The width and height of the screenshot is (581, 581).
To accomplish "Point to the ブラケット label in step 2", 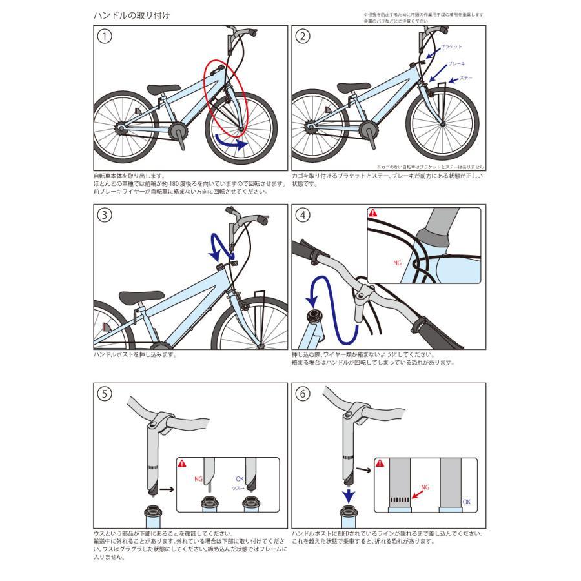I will pos(451,48).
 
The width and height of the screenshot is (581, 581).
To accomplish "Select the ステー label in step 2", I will pos(465,79).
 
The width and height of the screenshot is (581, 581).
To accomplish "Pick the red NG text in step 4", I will pos(397,263).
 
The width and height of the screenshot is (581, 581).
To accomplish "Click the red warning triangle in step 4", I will pos(372,213).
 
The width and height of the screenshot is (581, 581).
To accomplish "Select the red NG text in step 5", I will pos(198,479).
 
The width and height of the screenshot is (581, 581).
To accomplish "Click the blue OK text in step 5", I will pos(240,479).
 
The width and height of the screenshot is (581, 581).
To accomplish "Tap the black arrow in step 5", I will pos(167,490).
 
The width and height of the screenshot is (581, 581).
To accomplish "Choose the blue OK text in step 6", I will pos(466,502).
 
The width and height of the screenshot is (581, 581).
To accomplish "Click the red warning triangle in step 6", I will pos(382,463).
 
